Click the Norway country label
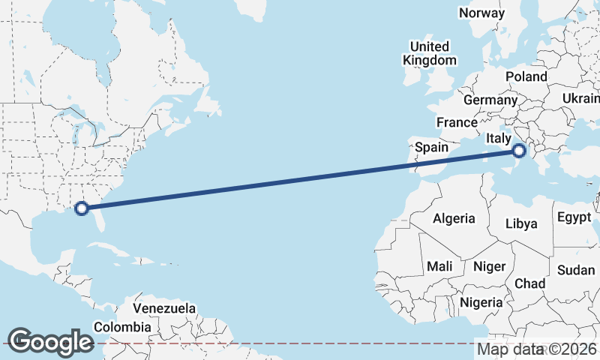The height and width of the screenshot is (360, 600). coord(482,13)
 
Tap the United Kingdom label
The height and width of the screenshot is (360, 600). coord(429,52)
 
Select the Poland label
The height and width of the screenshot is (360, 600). coord(526,76)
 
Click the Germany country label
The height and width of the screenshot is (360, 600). coord(490,100)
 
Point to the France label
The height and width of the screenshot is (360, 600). coord(457,122)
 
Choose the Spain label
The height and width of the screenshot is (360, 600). coord(431,147)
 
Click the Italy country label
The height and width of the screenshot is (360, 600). coord(499,138)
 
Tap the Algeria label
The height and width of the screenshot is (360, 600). coord(454,218)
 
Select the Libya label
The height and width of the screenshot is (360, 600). coord(521,223)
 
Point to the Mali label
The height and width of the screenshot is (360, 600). coord(439,266)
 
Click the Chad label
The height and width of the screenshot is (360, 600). coord(529,283)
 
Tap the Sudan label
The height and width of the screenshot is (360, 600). coord(576,270)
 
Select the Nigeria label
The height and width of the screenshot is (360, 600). coord(481,302)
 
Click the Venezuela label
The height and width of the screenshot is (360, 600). coord(164,308)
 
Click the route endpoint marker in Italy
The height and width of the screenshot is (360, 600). coord(519,151)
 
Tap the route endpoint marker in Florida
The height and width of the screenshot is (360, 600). coord(82,208)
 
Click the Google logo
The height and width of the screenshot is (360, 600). coord(50,342)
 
